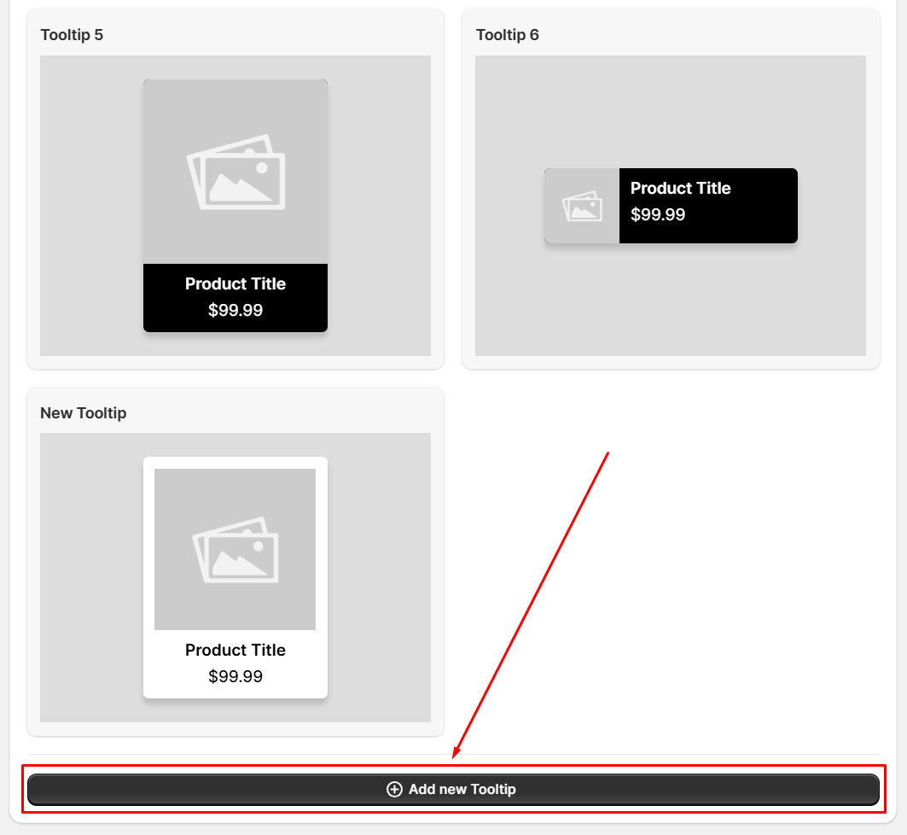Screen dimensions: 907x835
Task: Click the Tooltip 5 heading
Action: click(x=72, y=35)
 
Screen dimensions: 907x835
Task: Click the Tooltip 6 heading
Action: click(x=508, y=35)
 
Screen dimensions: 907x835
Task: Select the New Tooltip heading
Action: click(x=84, y=412)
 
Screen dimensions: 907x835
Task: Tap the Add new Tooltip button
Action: click(x=454, y=789)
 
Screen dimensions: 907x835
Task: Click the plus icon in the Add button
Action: click(x=394, y=789)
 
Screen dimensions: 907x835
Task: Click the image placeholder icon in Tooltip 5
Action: click(x=236, y=172)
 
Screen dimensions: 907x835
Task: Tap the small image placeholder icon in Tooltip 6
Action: click(x=583, y=206)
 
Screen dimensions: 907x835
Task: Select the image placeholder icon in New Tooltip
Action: click(x=235, y=550)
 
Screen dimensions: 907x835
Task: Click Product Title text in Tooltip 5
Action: click(x=235, y=283)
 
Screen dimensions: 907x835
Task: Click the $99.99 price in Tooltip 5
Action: click(x=235, y=310)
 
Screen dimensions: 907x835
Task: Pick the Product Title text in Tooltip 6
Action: click(x=681, y=188)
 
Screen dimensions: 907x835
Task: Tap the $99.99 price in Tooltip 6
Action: click(x=658, y=214)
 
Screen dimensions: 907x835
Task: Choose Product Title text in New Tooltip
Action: click(x=235, y=650)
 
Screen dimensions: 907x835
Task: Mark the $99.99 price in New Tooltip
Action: click(x=235, y=676)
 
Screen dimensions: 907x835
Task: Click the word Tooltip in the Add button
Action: click(x=493, y=789)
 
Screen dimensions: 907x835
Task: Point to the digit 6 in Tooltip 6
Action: click(x=534, y=35)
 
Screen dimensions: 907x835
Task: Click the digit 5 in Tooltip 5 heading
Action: click(x=99, y=35)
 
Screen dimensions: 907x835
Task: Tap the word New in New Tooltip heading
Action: click(x=56, y=412)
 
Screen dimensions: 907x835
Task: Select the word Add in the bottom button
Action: click(x=422, y=789)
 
